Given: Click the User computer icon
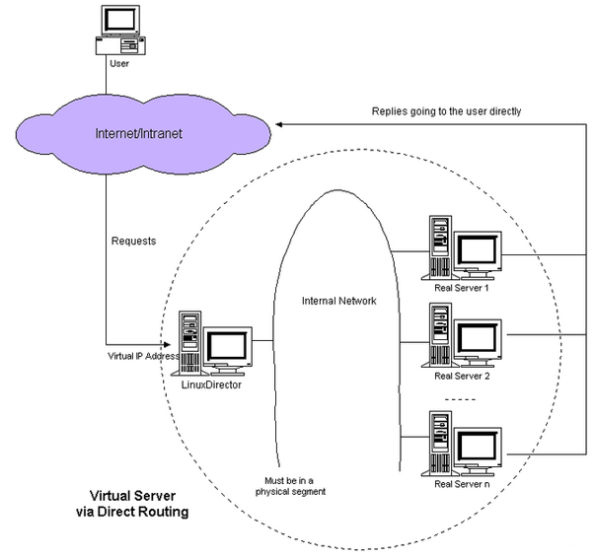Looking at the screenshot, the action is [x=120, y=31].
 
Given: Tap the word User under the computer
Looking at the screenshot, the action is [x=119, y=63].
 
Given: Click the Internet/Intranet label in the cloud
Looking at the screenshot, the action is [x=139, y=133].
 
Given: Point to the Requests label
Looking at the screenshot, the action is [x=134, y=242].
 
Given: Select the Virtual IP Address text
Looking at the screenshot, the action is [x=144, y=356].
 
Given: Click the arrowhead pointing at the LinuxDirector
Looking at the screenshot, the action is [x=167, y=344].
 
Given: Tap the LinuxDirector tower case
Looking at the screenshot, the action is [x=189, y=343].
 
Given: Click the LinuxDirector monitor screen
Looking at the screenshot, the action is [x=227, y=345].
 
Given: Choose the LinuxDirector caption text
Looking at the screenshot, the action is [x=211, y=384].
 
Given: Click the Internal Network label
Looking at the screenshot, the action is [x=339, y=301].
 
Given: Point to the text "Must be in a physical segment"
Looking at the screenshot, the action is [x=290, y=486].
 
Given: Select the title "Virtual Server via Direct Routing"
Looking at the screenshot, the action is [x=132, y=504].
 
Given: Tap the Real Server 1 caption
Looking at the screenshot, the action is [x=462, y=288].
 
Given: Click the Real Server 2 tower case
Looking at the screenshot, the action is [x=440, y=335].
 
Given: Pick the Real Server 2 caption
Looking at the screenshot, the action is [x=462, y=377].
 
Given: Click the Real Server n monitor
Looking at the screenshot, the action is [x=479, y=452].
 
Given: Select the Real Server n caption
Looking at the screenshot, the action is [x=462, y=484].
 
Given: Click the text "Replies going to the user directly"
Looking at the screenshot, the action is [x=446, y=111].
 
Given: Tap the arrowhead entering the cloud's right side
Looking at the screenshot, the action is [x=279, y=124].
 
